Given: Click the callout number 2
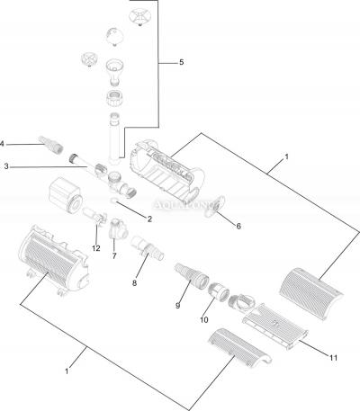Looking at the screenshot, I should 148,219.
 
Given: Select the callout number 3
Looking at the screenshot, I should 6,166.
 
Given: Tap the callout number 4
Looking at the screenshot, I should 3,143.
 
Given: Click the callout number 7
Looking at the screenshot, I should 114,256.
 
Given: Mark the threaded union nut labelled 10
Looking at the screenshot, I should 216,293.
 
